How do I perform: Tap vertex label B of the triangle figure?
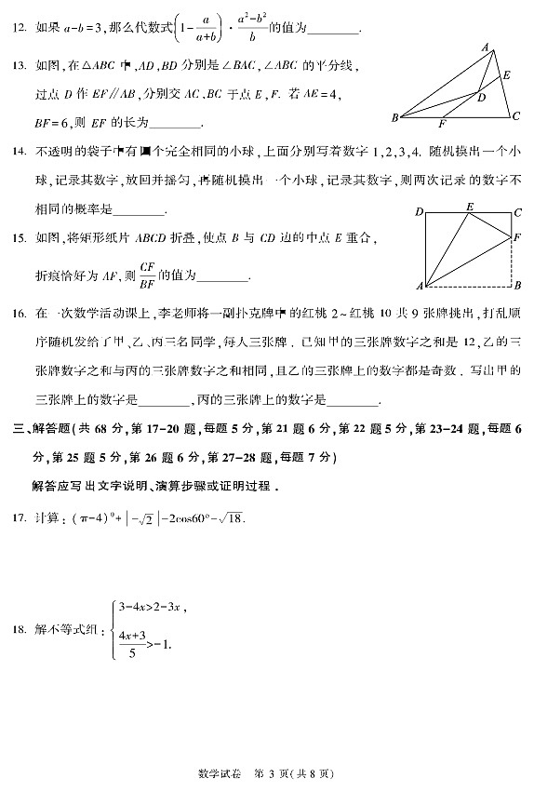click(x=394, y=117)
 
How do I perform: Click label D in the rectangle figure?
click(x=420, y=212)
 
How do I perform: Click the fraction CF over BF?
click(x=145, y=273)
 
